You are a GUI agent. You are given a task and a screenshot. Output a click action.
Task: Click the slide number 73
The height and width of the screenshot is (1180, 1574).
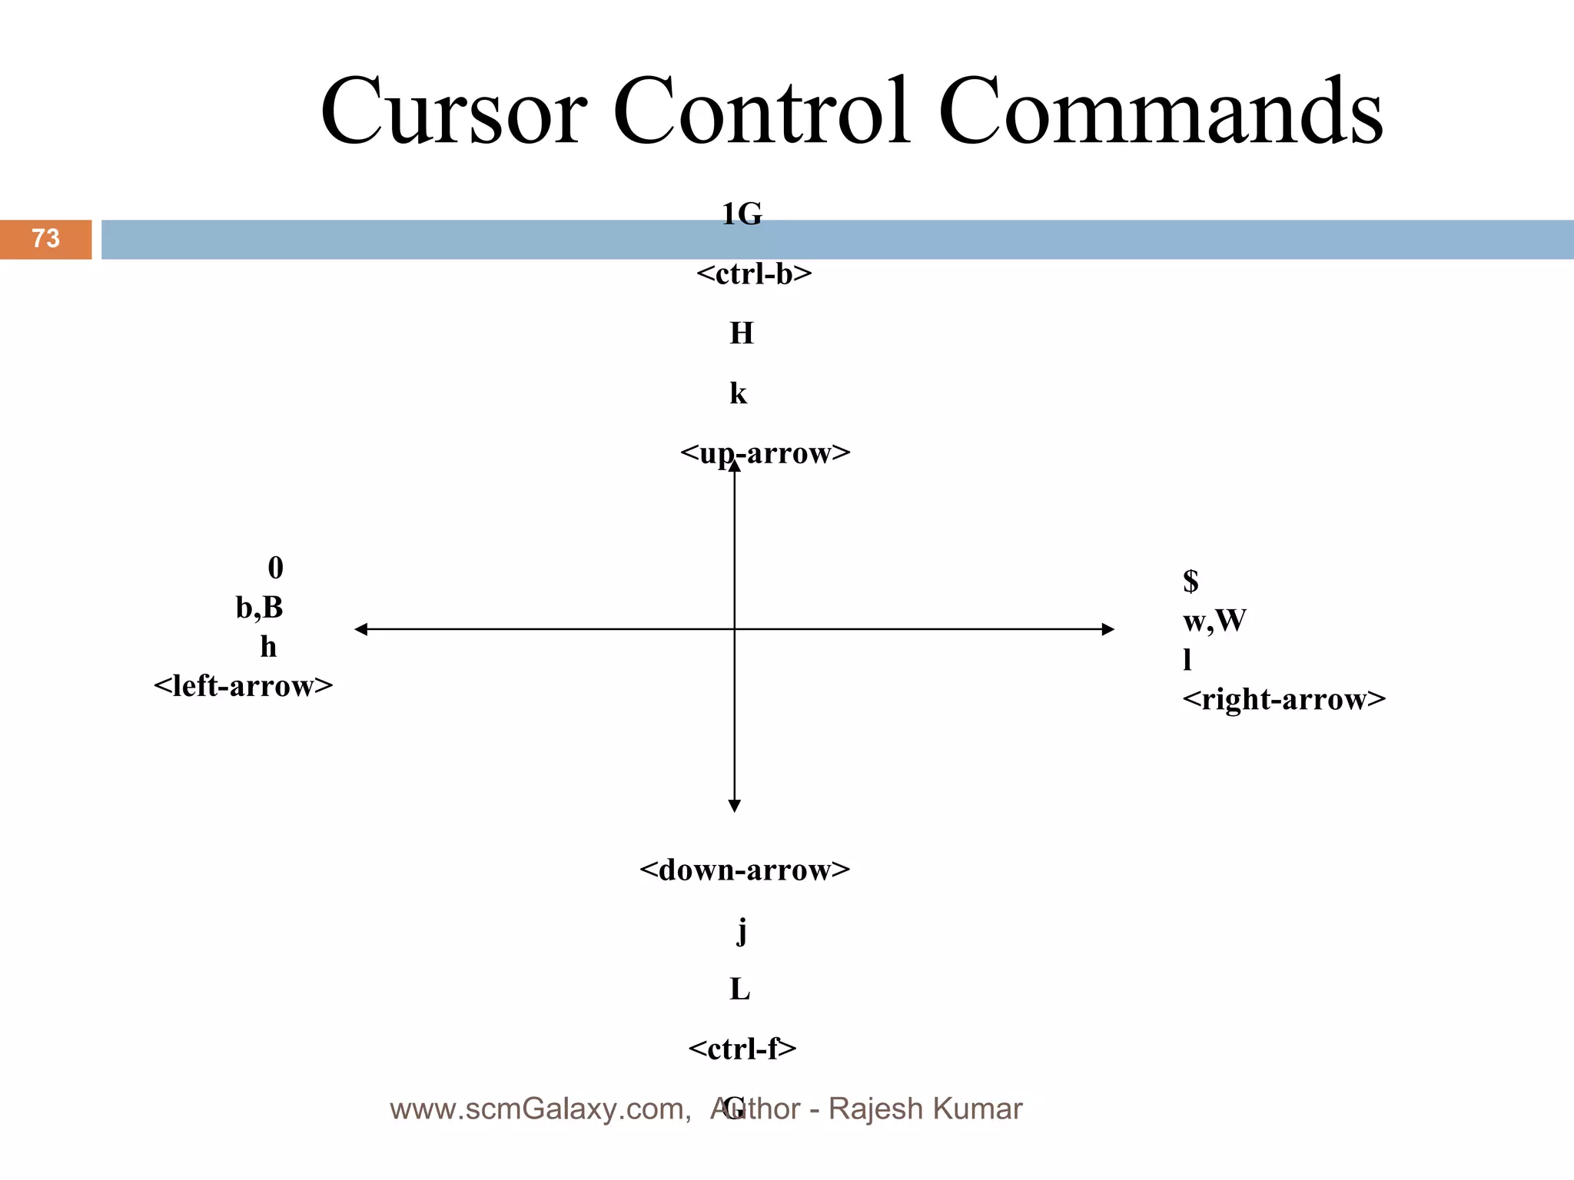(x=45, y=238)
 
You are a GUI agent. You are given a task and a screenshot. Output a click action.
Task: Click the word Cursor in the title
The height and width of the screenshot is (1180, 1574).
(x=453, y=111)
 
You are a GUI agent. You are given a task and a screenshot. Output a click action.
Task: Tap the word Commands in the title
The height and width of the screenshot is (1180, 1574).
(x=1161, y=111)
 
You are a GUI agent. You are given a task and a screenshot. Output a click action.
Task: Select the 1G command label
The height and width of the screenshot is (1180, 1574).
(x=742, y=214)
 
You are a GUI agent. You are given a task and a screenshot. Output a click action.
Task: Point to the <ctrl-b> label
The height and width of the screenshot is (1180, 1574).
(x=754, y=274)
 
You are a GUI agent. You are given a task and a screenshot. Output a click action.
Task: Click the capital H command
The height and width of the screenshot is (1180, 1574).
(x=742, y=333)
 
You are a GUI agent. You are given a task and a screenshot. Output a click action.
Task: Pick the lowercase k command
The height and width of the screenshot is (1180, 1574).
(x=738, y=393)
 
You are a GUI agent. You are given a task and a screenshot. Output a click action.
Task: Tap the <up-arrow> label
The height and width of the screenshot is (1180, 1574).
(x=765, y=453)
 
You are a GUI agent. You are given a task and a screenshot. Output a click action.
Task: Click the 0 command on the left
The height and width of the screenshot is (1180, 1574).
(x=275, y=568)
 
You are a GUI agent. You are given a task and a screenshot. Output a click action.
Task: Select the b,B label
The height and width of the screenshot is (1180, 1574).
(x=260, y=608)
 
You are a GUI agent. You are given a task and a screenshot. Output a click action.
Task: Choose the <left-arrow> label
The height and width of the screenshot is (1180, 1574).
(x=244, y=685)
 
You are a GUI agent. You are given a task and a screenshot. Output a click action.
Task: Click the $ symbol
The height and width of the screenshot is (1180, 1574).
(x=1190, y=581)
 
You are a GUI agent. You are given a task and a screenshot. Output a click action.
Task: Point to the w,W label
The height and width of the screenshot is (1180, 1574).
(x=1214, y=621)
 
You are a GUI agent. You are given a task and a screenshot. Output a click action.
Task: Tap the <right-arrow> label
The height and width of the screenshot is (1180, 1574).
(x=1283, y=699)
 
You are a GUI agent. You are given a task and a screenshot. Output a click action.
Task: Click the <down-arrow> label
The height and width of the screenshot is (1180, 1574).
(x=745, y=870)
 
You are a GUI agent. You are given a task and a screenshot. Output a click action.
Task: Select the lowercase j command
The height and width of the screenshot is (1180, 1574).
(x=742, y=931)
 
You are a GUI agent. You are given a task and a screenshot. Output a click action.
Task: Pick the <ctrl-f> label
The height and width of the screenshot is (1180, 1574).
(x=742, y=1049)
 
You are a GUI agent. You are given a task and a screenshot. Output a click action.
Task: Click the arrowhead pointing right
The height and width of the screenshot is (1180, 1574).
(x=1108, y=629)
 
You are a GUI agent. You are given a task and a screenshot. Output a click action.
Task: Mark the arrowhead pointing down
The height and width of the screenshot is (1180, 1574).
(x=735, y=806)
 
